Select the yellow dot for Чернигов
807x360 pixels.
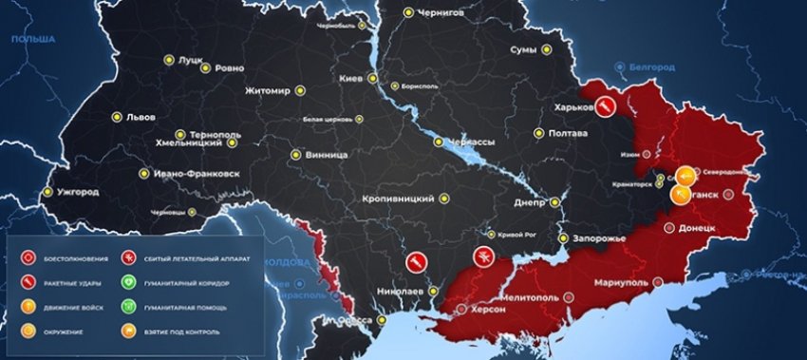tap(408, 12)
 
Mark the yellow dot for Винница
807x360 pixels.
tap(298, 155)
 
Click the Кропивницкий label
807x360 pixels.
tap(399, 199)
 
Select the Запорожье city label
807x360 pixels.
tap(596, 238)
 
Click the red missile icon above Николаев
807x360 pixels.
tap(415, 261)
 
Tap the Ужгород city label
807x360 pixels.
tap(78, 192)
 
